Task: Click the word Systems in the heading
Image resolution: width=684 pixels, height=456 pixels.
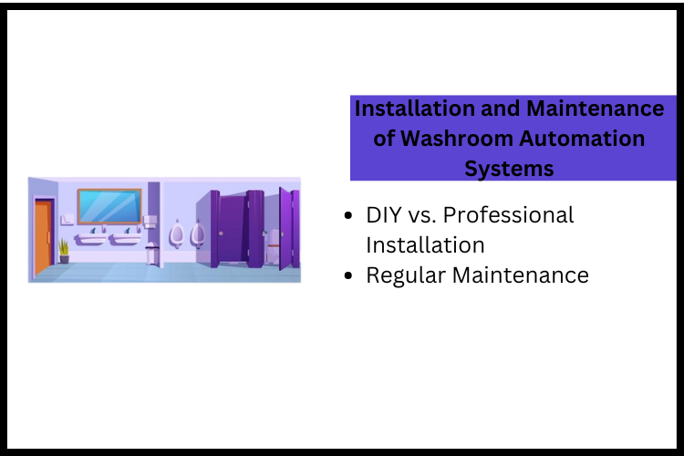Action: [x=509, y=169]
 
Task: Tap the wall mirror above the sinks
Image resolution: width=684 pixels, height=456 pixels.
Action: [x=109, y=206]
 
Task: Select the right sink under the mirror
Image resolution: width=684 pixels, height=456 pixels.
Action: [x=124, y=239]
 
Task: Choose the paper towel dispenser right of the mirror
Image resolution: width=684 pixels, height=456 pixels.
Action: [x=152, y=223]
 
